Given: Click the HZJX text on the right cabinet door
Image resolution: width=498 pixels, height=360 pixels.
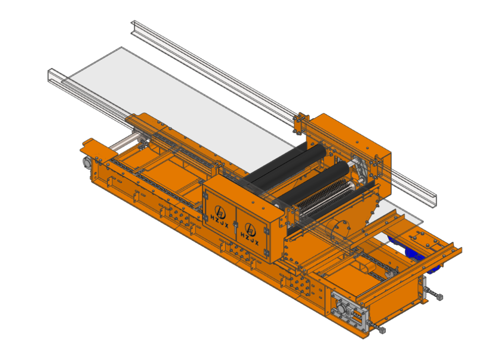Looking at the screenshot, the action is (249, 239).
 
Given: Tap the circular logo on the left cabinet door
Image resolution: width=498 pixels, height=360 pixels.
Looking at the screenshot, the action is (220, 211).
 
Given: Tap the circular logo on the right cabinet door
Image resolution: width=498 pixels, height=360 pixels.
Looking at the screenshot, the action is (250, 229).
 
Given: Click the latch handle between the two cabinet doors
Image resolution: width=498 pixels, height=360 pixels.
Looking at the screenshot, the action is (235, 227).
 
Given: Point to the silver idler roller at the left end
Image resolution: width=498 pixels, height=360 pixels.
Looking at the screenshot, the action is (124, 143).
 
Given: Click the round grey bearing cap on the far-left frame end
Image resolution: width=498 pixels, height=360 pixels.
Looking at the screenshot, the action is (87, 162).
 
